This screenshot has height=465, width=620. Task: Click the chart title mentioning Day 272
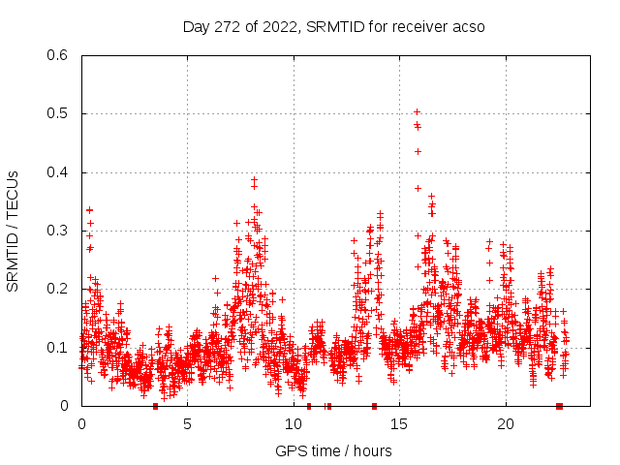[334, 26]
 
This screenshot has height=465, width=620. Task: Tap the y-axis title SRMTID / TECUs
[13, 231]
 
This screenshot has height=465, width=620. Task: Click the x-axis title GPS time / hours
[333, 450]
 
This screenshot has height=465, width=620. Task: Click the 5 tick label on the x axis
[187, 423]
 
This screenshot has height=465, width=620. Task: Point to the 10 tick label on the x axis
[294, 423]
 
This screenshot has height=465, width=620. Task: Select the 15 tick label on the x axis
[399, 423]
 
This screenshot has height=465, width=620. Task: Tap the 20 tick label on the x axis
[505, 423]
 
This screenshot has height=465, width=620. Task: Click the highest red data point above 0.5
[417, 111]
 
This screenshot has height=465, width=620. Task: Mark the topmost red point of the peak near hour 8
[254, 179]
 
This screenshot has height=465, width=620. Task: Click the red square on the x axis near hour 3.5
[156, 406]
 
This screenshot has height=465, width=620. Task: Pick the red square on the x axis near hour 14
[374, 406]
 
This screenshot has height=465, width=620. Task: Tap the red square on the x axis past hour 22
[559, 406]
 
